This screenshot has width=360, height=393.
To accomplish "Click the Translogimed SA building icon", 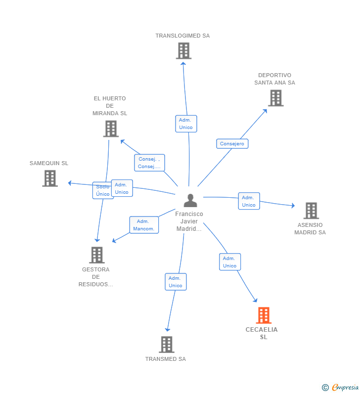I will pyautogui.click(x=183, y=50).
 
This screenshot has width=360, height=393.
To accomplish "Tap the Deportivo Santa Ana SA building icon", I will pyautogui.click(x=275, y=98).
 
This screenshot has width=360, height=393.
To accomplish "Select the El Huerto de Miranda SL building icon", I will pyautogui.click(x=111, y=129).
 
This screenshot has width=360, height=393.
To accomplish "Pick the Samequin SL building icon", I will pyautogui.click(x=50, y=178).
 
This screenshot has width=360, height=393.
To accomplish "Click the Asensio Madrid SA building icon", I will pyautogui.click(x=311, y=211).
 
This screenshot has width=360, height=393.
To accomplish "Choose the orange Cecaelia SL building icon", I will pyautogui.click(x=264, y=315).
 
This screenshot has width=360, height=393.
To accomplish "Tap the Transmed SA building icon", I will pyautogui.click(x=167, y=344).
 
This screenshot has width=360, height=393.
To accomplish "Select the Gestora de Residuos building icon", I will pyautogui.click(x=96, y=255).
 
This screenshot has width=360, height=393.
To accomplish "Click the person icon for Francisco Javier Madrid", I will pyautogui.click(x=190, y=200).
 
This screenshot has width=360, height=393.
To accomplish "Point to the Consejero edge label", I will pyautogui.click(x=232, y=144).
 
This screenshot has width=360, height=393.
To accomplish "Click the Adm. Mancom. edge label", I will pyautogui.click(x=144, y=225).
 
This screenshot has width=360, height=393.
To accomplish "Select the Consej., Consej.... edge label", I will pyautogui.click(x=149, y=163).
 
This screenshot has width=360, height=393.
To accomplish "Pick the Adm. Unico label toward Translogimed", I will pyautogui.click(x=186, y=124).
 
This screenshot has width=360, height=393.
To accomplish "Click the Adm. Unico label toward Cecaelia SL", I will pyautogui.click(x=230, y=262).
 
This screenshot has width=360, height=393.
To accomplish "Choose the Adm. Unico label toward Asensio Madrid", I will pyautogui.click(x=249, y=201).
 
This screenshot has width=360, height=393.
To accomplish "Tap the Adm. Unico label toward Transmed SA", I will pyautogui.click(x=176, y=282).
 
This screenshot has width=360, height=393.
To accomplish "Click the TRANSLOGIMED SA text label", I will pyautogui.click(x=182, y=36).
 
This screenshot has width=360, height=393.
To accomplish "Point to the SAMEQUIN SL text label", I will pyautogui.click(x=49, y=163).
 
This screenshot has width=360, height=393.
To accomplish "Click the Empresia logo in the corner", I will pyautogui.click(x=341, y=388).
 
